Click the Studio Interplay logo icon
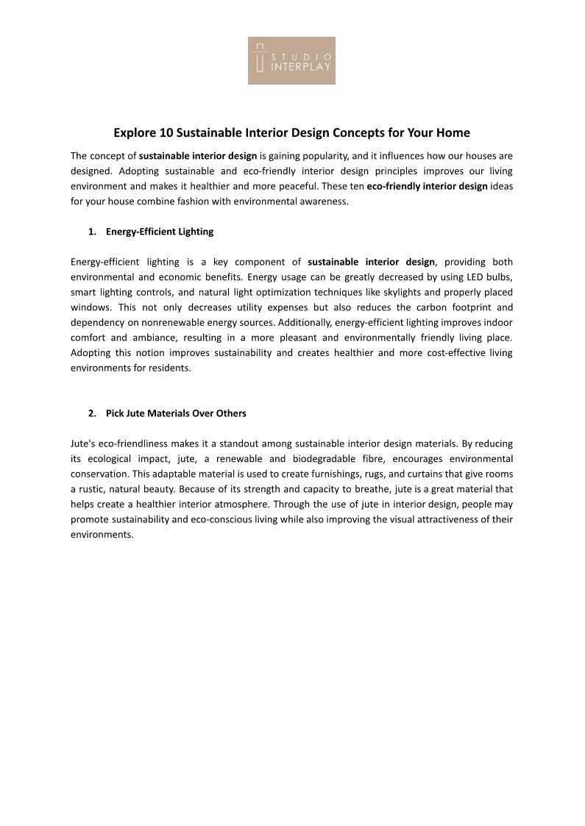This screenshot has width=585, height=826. [259, 58]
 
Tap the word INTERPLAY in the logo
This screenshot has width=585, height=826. [301, 67]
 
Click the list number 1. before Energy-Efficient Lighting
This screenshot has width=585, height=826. [92, 232]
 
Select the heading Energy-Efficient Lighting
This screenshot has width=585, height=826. [160, 232]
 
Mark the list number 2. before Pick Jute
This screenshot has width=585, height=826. [92, 413]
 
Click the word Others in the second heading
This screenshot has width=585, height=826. [231, 413]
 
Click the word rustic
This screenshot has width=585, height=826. [91, 489]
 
